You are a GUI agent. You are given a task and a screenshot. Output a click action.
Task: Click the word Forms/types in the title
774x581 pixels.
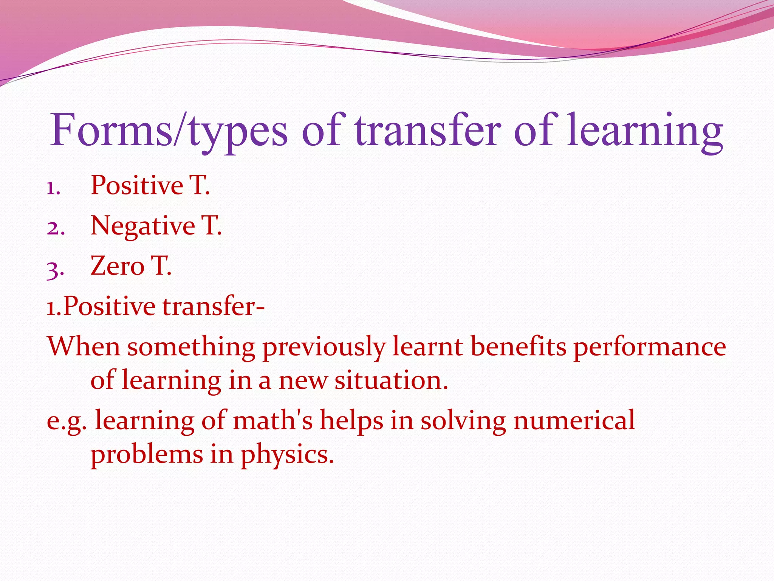pyautogui.click(x=169, y=130)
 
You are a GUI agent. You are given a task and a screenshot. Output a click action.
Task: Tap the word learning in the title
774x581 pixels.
pyautogui.click(x=645, y=130)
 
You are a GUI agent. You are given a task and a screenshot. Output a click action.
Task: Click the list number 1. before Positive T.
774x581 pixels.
pyautogui.click(x=53, y=188)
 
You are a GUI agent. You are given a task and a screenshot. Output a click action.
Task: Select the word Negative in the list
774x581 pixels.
pyautogui.click(x=142, y=226)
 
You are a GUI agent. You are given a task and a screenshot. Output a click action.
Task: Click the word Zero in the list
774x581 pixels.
pyautogui.click(x=117, y=266)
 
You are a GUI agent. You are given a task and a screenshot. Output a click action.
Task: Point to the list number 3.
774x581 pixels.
pyautogui.click(x=55, y=269)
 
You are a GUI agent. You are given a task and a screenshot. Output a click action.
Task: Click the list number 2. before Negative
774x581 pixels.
pyautogui.click(x=56, y=228)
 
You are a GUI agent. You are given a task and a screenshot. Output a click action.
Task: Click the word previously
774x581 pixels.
pyautogui.click(x=324, y=347)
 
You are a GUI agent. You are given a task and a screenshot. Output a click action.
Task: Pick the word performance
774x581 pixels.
pyautogui.click(x=649, y=347)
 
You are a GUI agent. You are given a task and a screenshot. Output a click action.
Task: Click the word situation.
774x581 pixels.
pyautogui.click(x=391, y=380)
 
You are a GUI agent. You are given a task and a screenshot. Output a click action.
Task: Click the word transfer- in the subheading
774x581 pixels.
pyautogui.click(x=213, y=306)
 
